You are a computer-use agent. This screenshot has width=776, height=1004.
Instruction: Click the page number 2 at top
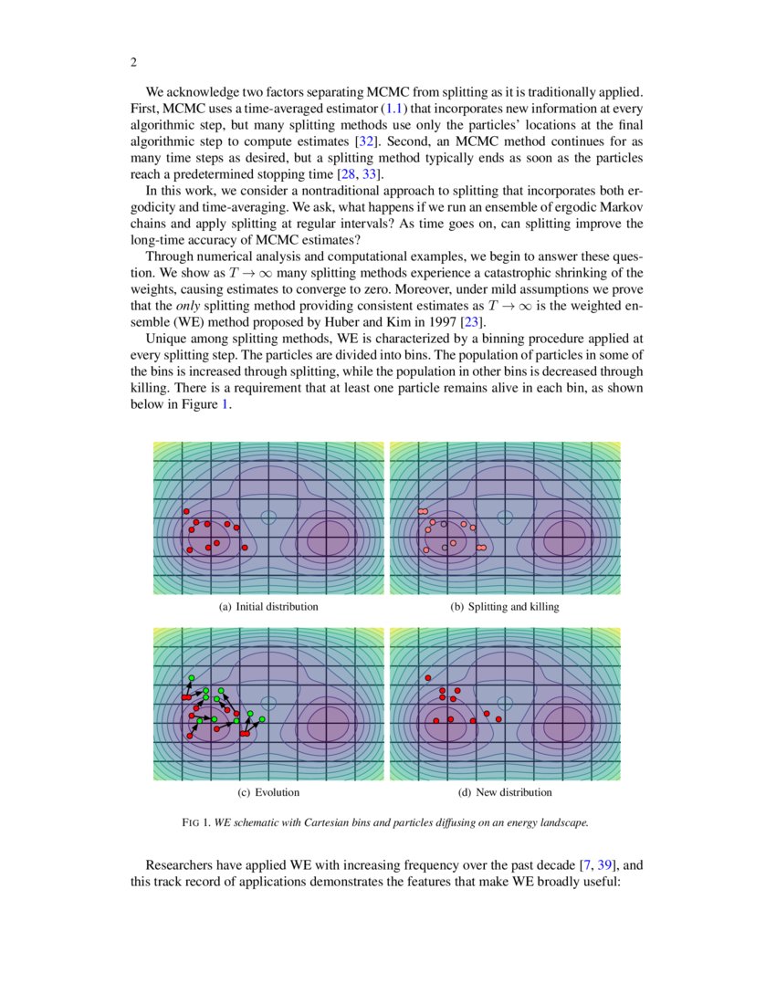(x=133, y=62)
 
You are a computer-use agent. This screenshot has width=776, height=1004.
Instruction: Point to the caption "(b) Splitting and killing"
(x=505, y=606)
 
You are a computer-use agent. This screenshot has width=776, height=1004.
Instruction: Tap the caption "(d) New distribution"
(x=505, y=792)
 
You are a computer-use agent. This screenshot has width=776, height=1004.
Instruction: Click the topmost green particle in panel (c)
(x=190, y=678)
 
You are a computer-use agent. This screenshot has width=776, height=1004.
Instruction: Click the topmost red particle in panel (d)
(x=427, y=678)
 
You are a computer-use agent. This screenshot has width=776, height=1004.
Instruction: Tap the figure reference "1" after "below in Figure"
(x=225, y=404)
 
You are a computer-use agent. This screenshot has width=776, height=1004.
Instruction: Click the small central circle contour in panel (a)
(x=267, y=517)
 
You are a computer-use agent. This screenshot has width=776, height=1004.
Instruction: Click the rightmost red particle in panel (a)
(x=245, y=547)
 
